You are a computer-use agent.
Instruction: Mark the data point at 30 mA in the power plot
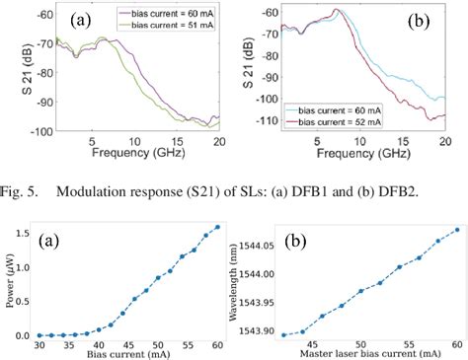point(39,335)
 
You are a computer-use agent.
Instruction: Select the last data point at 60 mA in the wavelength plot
point(457,230)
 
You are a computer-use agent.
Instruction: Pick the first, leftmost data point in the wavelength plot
point(283,334)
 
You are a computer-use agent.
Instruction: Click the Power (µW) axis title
point(8,281)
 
